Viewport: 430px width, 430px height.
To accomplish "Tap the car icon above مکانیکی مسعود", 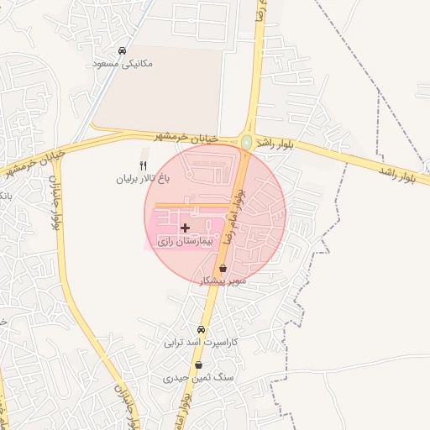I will (123, 51).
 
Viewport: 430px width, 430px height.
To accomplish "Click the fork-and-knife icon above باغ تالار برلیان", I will (143, 165).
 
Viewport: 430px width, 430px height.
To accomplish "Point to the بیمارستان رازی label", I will (186, 241).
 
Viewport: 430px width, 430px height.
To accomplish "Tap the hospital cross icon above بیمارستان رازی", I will (186, 228).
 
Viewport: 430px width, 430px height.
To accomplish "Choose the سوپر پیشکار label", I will (223, 281).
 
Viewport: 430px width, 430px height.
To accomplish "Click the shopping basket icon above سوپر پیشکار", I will (223, 269).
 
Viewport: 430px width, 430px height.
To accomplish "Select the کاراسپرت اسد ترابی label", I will (201, 343).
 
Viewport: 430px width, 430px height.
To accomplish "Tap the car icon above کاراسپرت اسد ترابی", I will (201, 330).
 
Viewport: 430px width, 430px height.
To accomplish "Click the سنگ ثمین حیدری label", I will (198, 380).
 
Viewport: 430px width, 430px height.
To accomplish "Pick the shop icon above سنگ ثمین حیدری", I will (198, 366).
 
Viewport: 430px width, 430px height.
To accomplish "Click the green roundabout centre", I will (246, 143).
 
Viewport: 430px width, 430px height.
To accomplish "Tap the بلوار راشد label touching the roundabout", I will (275, 145).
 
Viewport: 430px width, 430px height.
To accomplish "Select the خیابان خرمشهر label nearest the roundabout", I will (186, 136).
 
